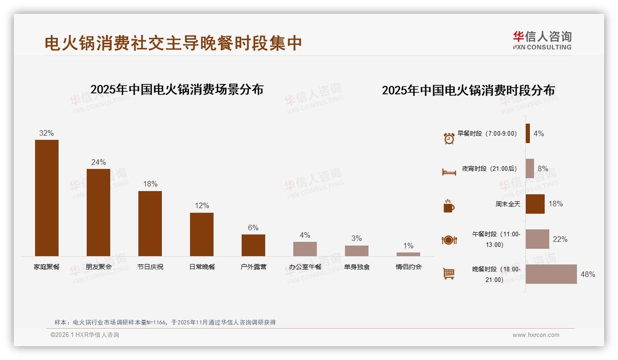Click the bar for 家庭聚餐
47,198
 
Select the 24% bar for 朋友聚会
98,212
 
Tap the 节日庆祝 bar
150,223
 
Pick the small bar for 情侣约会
408,254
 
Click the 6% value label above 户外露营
253,228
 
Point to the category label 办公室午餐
305,267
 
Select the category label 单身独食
357,267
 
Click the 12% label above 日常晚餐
202,206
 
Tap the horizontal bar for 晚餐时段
551,274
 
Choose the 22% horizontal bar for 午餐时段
537,239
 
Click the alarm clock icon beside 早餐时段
449,138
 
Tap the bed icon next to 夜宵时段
449,172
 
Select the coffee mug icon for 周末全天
449,206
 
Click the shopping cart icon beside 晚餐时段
449,274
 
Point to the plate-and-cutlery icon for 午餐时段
449,240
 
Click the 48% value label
588,274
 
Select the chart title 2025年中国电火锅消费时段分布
468,90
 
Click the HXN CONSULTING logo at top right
542,41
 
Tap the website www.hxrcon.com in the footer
536,335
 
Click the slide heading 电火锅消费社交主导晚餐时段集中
173,43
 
